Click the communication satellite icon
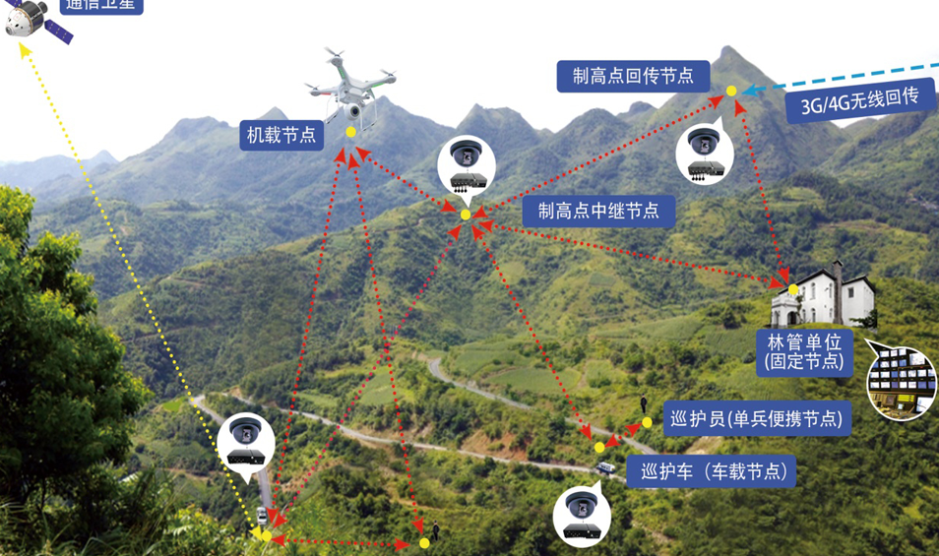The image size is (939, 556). (37, 21)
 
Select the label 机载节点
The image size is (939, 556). (282, 135)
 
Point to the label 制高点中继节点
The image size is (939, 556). (597, 210)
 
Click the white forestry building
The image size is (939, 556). (824, 295)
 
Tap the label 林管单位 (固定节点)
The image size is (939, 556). (804, 351)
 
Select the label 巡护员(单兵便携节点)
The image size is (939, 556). (754, 418)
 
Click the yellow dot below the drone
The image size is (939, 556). (351, 132)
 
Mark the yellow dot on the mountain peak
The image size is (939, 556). (731, 92)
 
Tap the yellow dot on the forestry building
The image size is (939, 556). (793, 289)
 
